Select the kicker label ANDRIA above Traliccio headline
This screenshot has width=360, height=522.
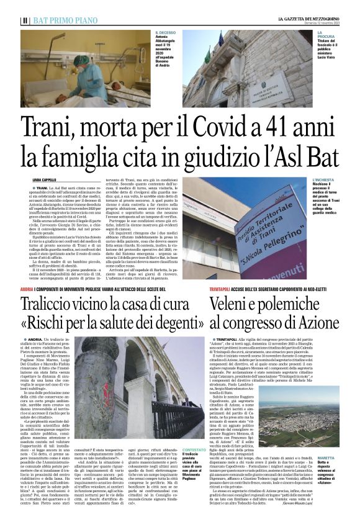29,289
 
